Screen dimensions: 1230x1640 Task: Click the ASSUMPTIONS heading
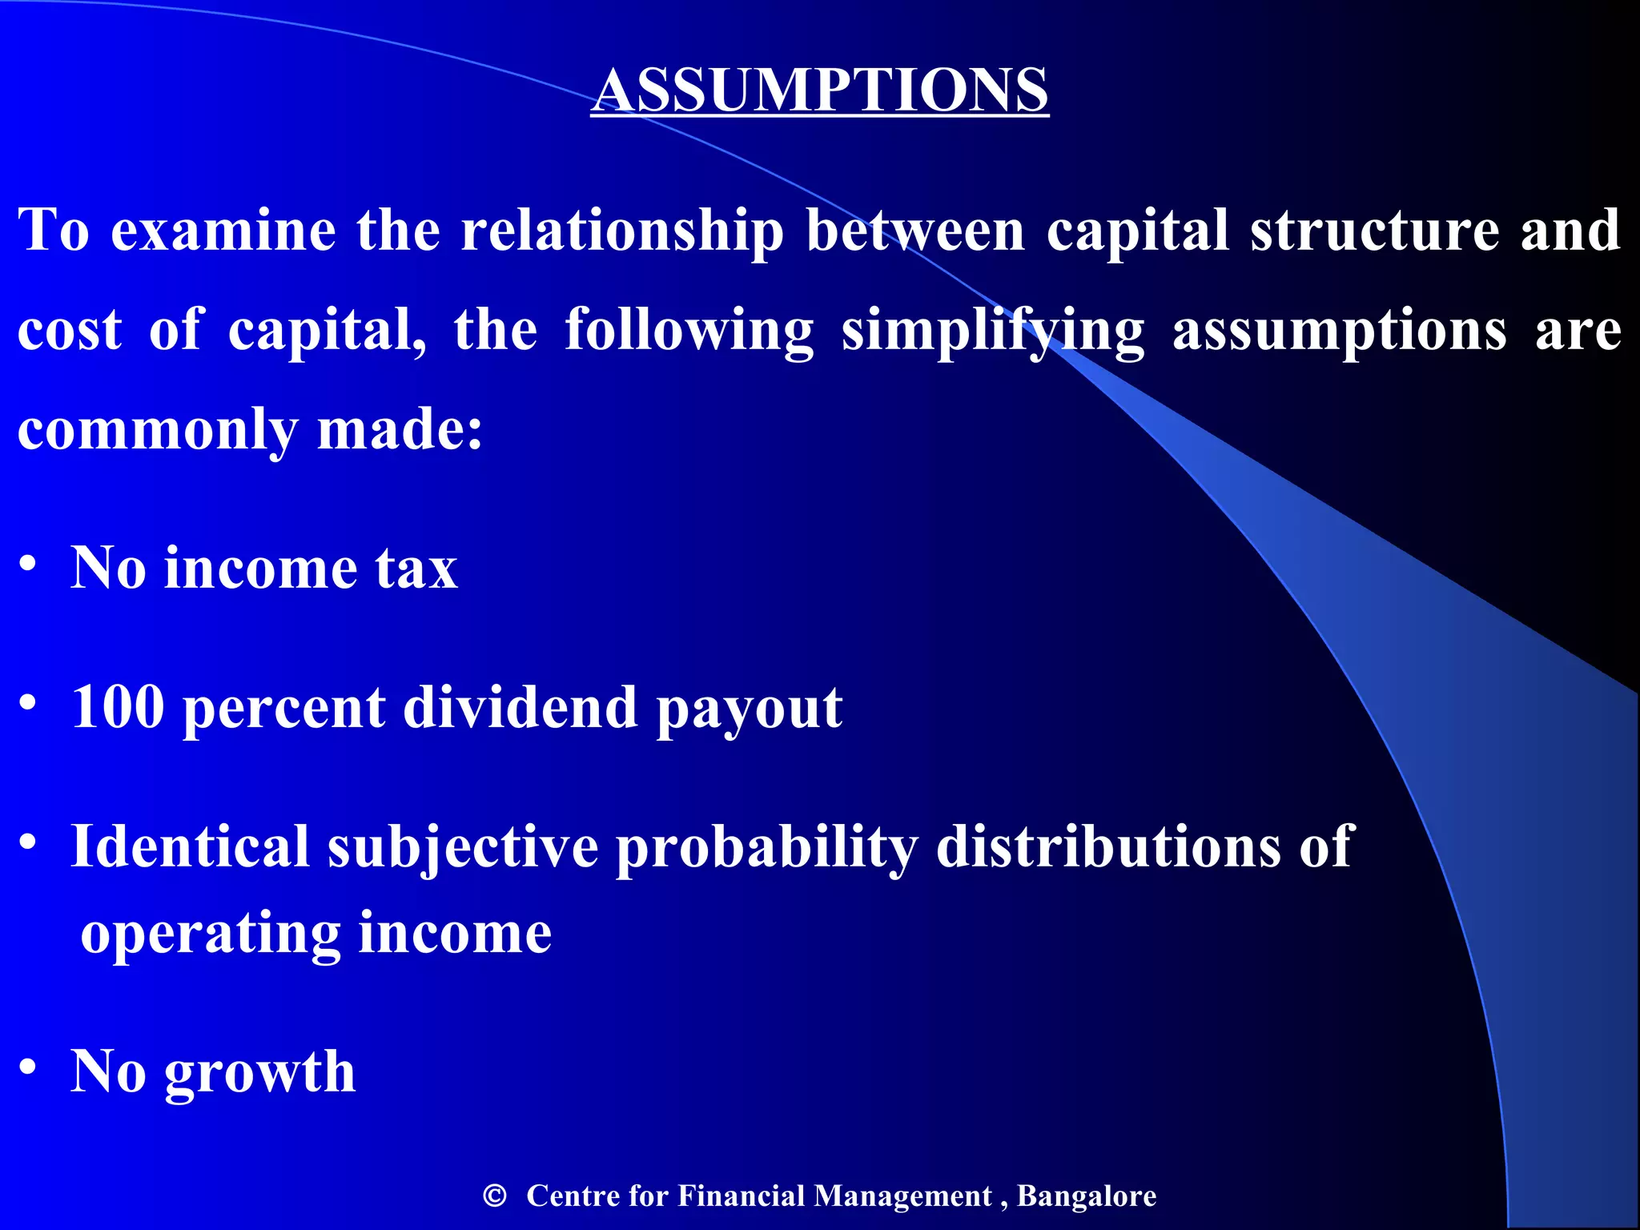[819, 89]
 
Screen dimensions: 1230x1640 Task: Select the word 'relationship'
[622, 231]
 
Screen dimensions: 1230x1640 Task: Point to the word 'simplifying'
[993, 330]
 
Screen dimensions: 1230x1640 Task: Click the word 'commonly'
[157, 430]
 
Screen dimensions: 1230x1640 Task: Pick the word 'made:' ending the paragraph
[400, 428]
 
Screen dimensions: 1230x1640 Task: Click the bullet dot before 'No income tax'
[28, 564]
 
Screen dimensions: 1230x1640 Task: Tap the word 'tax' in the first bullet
[416, 569]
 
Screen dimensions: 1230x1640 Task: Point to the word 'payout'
[749, 709]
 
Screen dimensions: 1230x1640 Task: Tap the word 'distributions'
[1108, 846]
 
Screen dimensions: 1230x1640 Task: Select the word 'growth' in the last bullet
[259, 1073]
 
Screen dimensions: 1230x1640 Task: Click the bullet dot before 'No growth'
[28, 1067]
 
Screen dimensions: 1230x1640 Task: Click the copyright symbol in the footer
[495, 1196]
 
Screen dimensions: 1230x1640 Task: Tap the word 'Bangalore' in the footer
[1086, 1196]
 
